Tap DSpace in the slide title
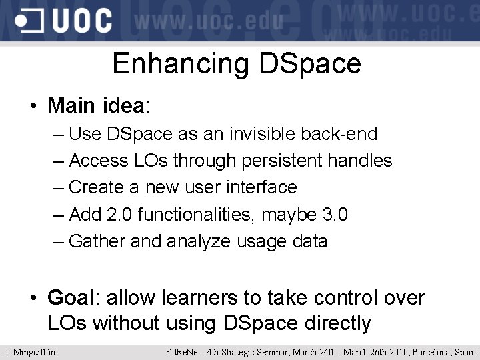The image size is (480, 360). [x=309, y=64]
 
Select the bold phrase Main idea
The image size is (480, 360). [x=96, y=105]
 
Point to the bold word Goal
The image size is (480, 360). [x=72, y=297]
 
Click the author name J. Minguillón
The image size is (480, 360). [x=30, y=352]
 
